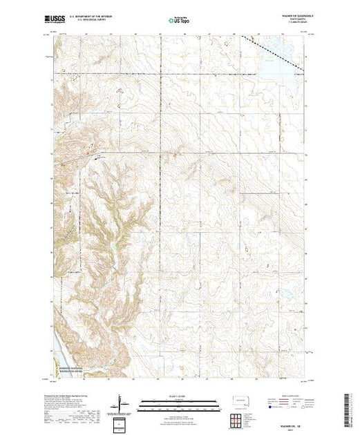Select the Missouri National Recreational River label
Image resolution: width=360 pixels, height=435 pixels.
[70, 371]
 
